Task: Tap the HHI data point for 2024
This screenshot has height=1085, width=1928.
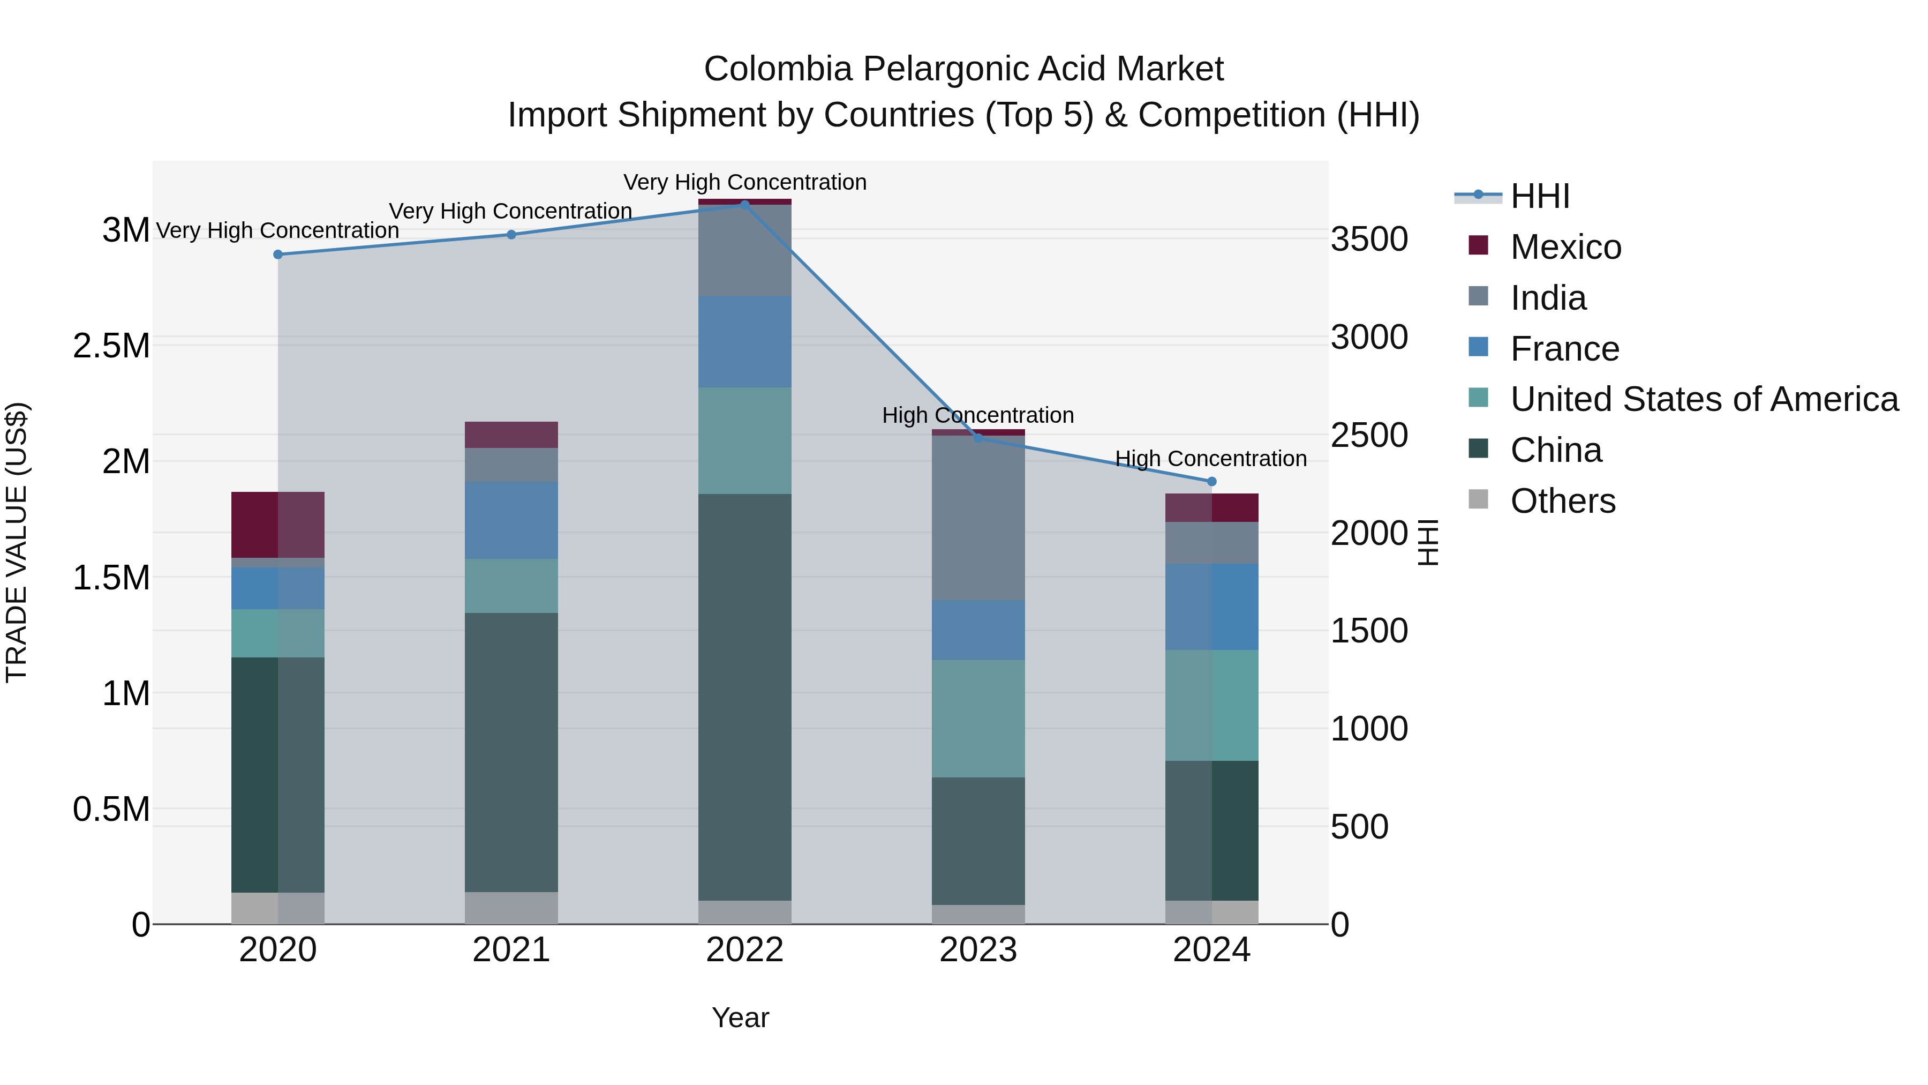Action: (x=1212, y=482)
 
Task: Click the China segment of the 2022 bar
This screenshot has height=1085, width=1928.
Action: (x=745, y=697)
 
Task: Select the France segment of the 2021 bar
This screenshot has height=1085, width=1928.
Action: (x=511, y=520)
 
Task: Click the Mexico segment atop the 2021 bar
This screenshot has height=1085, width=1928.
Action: (x=511, y=435)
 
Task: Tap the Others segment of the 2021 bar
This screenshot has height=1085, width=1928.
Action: (x=511, y=908)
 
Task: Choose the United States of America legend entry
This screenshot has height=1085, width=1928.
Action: (x=1704, y=399)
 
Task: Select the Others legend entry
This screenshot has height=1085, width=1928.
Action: (x=1562, y=501)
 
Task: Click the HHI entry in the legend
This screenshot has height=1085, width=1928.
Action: (x=1540, y=196)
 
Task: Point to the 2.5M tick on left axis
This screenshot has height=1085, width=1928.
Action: (x=111, y=346)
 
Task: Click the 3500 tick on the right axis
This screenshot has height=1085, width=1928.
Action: (x=1369, y=240)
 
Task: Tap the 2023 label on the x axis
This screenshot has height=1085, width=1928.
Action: (x=978, y=950)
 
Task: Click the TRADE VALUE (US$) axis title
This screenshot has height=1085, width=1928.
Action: (x=17, y=542)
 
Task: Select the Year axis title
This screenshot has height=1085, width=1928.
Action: (x=740, y=1017)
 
